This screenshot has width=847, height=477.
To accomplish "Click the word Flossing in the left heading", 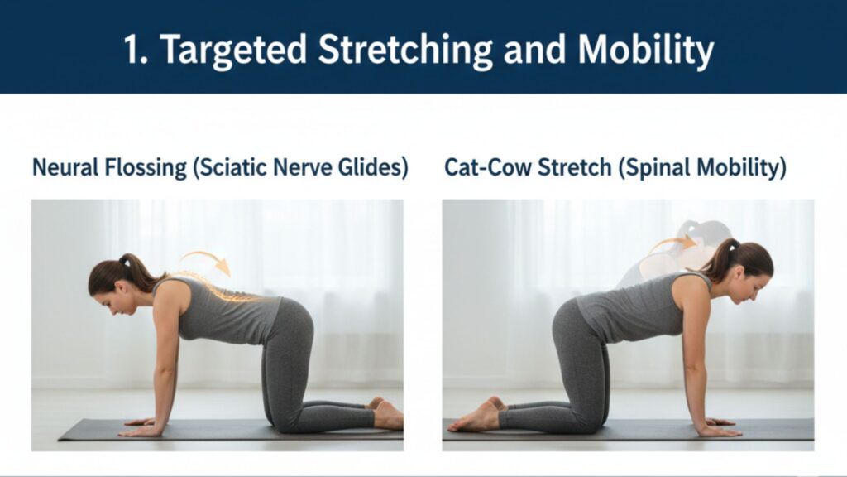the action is tap(146, 168).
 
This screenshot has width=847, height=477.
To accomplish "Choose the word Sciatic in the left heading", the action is tap(230, 168).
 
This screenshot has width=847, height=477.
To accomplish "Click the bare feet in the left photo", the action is tap(386, 414).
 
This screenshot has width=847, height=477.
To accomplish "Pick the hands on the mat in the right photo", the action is tap(719, 427).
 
